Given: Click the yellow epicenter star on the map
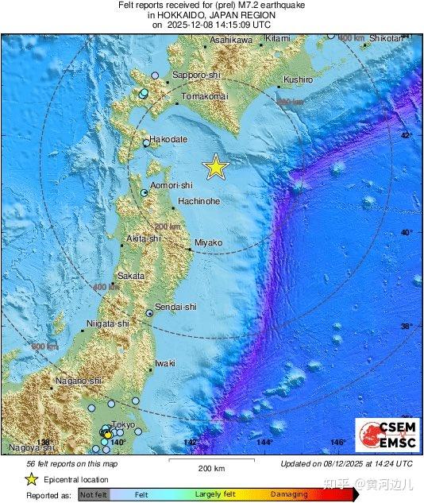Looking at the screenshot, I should [215, 167].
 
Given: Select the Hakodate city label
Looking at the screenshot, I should [168, 138].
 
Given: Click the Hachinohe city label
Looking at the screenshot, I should [199, 202].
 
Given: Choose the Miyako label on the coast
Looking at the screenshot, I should [208, 242].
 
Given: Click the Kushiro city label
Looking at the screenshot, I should [298, 80].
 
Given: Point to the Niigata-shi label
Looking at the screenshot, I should [107, 324].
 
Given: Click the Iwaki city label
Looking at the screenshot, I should [164, 363].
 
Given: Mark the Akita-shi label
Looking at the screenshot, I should [144, 238].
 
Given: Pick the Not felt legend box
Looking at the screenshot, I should [93, 494].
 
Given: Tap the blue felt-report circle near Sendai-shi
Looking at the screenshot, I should [149, 314].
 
